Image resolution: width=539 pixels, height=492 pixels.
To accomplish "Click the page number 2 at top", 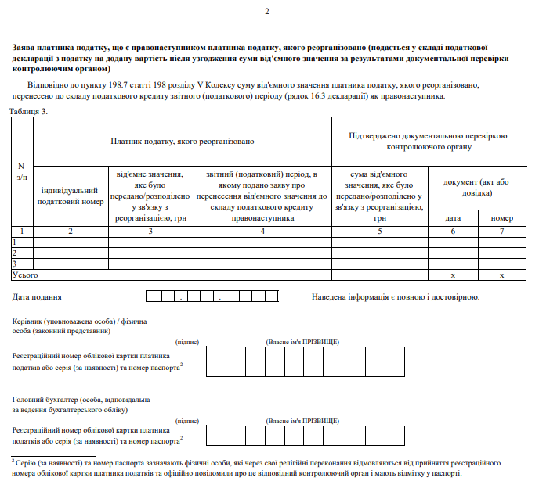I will click(x=266, y=10).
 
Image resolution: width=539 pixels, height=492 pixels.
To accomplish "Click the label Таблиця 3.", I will click(x=29, y=111).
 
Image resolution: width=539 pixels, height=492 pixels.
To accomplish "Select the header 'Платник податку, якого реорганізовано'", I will click(x=183, y=141).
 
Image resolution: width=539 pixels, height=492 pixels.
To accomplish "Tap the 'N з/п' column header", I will click(x=21, y=170).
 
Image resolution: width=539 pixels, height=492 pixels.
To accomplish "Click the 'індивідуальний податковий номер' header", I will click(x=71, y=196).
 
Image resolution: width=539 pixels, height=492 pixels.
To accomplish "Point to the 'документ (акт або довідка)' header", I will click(x=476, y=187).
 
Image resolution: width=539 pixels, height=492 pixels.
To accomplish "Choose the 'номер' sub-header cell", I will click(x=502, y=217).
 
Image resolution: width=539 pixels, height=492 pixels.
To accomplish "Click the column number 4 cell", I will click(x=262, y=231).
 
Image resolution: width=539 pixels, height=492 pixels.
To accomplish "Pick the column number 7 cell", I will click(x=502, y=231).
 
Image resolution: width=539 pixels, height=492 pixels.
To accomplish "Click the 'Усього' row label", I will click(x=24, y=275).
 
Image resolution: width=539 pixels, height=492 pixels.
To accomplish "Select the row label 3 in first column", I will click(x=14, y=264).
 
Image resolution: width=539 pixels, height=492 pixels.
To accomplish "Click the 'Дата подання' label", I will click(x=38, y=297).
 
